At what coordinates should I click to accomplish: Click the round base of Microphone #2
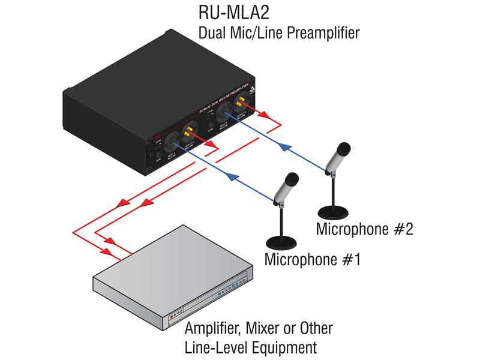(x=333, y=212)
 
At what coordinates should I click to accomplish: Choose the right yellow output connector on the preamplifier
(x=243, y=98)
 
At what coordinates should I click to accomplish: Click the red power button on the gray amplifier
(x=173, y=313)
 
